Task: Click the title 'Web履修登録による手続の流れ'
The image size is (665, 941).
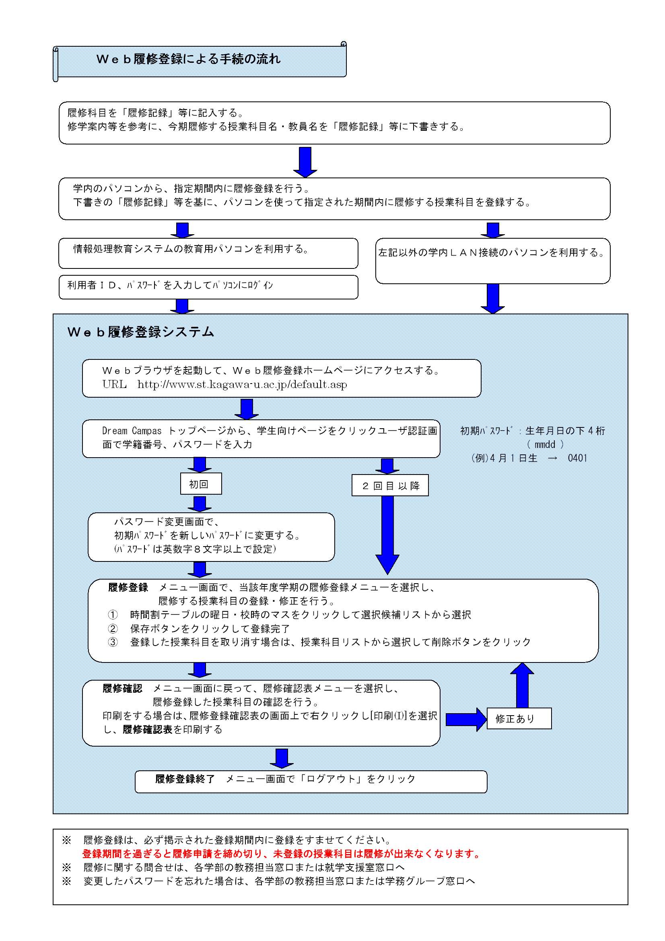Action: [189, 59]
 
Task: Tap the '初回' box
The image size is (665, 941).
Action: [201, 484]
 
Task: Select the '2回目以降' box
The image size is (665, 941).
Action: [390, 485]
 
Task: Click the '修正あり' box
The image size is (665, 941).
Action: [519, 718]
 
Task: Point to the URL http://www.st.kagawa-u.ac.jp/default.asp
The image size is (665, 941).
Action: [242, 384]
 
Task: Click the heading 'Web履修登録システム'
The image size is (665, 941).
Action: [140, 332]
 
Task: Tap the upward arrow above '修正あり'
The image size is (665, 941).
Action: [522, 685]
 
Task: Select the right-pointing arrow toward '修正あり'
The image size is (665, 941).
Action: [466, 719]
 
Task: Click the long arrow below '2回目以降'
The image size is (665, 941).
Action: [387, 535]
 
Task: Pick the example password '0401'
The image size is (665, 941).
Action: [577, 458]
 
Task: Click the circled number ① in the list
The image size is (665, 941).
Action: [113, 615]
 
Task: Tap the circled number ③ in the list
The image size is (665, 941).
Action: [113, 642]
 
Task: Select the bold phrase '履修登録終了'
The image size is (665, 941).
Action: [185, 779]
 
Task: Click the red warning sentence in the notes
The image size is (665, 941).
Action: [282, 854]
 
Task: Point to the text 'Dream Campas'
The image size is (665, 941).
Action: [132, 431]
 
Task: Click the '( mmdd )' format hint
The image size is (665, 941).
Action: [546, 444]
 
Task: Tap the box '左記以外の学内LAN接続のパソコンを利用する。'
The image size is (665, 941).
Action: [493, 261]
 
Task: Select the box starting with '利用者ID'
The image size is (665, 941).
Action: [208, 287]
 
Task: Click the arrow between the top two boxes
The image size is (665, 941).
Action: [305, 162]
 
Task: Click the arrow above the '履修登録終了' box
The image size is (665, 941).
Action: [282, 758]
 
